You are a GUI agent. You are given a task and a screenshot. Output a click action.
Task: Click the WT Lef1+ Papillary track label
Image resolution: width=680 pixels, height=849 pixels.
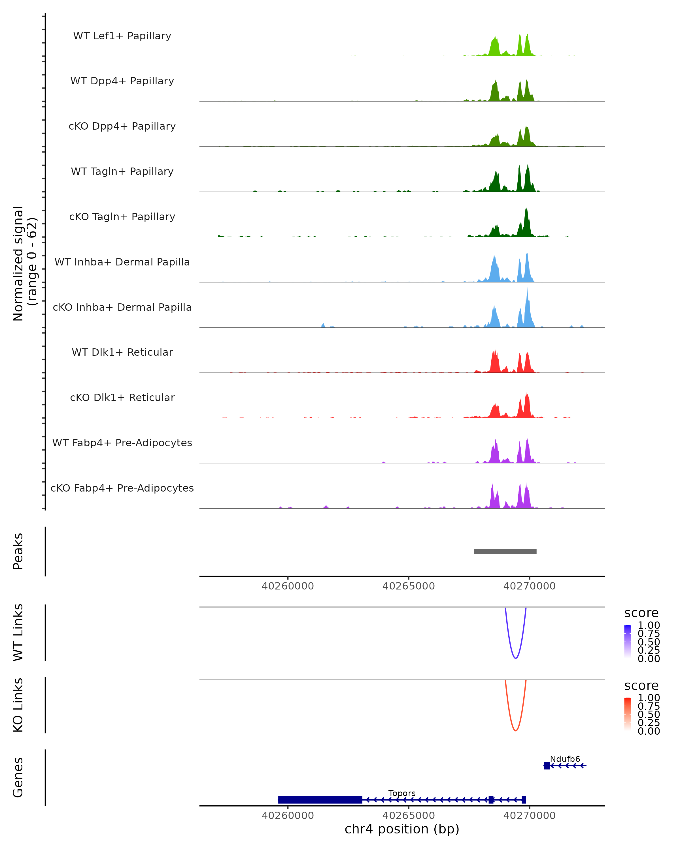coord(122,36)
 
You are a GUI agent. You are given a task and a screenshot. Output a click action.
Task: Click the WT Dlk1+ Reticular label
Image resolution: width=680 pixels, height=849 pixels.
coord(122,352)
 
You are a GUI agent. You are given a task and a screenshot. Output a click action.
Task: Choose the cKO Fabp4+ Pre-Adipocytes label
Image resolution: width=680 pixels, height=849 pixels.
coord(122,488)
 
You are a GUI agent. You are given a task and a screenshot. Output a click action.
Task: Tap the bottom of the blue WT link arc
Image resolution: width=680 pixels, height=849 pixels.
coord(515,658)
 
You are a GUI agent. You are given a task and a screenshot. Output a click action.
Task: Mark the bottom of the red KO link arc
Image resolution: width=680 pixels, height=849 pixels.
coord(515,730)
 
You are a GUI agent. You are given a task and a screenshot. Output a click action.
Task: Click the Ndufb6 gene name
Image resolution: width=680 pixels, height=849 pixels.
coord(565,759)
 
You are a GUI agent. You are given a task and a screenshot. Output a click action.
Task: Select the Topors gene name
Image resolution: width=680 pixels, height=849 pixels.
coord(402,793)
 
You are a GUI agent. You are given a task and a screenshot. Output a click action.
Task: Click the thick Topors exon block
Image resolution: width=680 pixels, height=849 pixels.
coord(320,800)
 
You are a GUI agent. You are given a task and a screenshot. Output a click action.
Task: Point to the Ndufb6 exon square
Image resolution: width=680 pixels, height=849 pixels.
coord(547,766)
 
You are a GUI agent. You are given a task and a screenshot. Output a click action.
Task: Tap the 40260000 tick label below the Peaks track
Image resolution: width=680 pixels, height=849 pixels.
coord(288,586)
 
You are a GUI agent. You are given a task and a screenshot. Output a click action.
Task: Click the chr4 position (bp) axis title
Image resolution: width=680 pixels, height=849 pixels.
coord(402,829)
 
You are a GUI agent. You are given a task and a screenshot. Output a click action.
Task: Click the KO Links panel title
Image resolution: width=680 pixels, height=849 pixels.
coord(18,705)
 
